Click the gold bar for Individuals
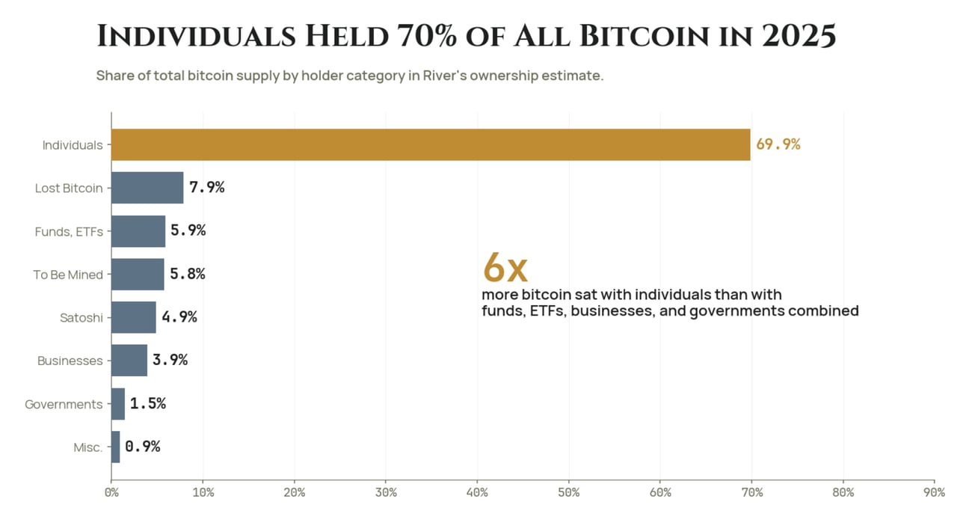click(x=431, y=144)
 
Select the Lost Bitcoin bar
click(x=147, y=188)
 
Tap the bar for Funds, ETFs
click(x=138, y=231)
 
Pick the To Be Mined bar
click(x=138, y=274)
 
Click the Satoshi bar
click(x=134, y=317)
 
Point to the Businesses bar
click(x=129, y=361)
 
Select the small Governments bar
click(x=118, y=404)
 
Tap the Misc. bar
click(x=115, y=447)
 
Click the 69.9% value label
click(x=778, y=144)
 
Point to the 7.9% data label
click(x=207, y=187)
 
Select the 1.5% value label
click(x=148, y=403)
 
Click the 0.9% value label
click(x=143, y=447)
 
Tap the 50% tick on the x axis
click(x=569, y=493)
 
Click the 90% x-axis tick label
click(x=935, y=493)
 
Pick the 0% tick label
click(x=111, y=493)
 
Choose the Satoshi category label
click(x=81, y=318)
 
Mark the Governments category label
click(x=64, y=404)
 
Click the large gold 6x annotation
click(x=505, y=268)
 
